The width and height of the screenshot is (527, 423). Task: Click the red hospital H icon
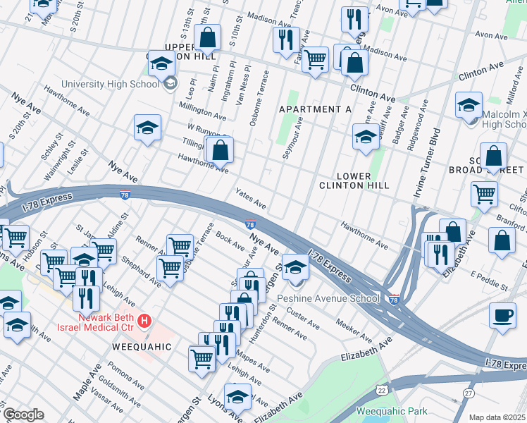pyautogui.click(x=144, y=321)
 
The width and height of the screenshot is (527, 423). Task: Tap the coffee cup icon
pyautogui.click(x=502, y=315)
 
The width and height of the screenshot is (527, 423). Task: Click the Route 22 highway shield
pyautogui.click(x=381, y=389)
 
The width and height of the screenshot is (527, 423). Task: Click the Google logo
pyautogui.click(x=23, y=415)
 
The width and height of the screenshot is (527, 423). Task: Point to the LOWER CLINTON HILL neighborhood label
pyautogui.click(x=364, y=180)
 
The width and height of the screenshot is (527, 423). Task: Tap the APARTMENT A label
pyautogui.click(x=315, y=109)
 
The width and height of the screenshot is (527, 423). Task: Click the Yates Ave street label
pyautogui.click(x=252, y=202)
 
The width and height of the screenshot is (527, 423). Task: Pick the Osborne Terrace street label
pyautogui.click(x=259, y=97)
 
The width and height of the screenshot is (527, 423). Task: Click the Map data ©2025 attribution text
pyautogui.click(x=497, y=417)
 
